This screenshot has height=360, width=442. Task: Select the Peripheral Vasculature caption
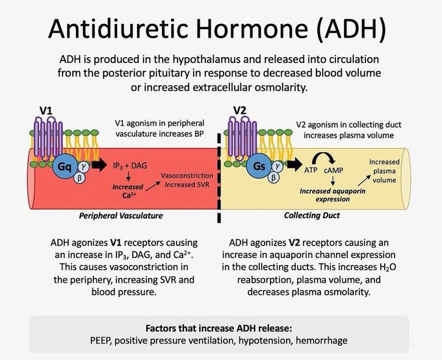point(121,215)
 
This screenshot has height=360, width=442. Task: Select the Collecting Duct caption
point(314,215)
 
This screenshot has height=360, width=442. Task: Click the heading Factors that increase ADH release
point(218,328)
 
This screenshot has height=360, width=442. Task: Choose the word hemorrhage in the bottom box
point(322,341)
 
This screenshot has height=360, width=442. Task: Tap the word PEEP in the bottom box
point(103,341)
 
